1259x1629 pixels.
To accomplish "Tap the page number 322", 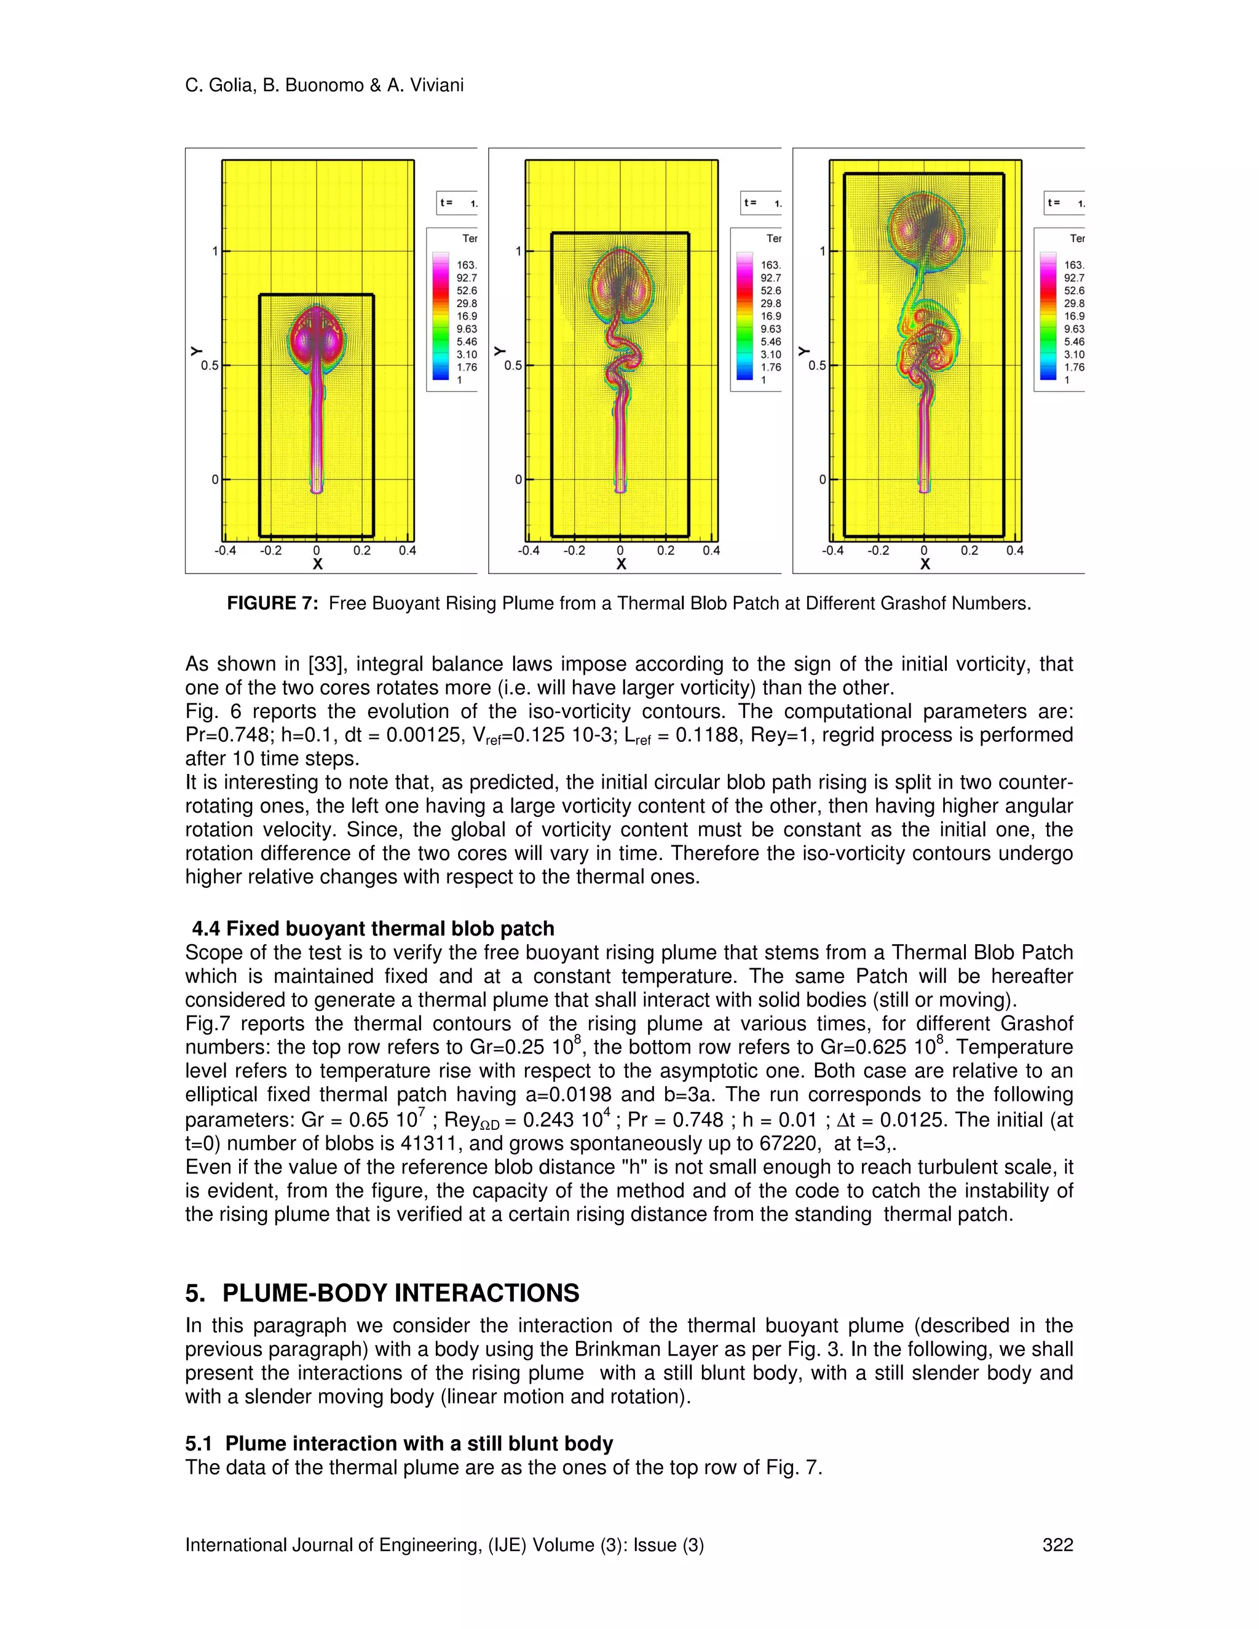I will (x=1057, y=1545).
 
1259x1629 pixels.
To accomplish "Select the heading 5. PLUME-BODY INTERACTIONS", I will (x=382, y=1293).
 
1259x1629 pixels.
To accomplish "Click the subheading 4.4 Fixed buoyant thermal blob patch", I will (x=373, y=929).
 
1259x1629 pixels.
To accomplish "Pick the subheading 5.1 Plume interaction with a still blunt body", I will (x=399, y=1443).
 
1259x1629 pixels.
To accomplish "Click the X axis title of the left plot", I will (x=317, y=565).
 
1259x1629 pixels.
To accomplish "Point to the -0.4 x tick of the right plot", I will (x=832, y=550).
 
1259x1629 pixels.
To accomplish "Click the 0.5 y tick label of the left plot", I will (x=210, y=366).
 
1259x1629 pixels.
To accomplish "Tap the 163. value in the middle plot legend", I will (x=770, y=265).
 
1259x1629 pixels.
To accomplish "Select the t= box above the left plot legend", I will (x=457, y=203).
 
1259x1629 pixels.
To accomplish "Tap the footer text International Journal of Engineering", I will (x=444, y=1545).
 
